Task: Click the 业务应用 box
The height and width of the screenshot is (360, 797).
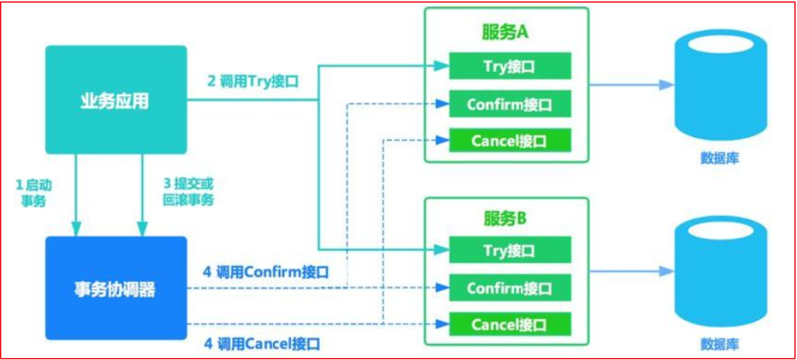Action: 116,100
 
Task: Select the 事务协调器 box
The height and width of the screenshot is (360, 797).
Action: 116,288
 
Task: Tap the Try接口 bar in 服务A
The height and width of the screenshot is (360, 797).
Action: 510,66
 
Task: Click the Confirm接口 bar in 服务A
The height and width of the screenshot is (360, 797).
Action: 510,104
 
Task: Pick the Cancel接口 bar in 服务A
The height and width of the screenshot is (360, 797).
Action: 510,140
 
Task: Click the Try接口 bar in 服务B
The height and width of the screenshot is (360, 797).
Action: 510,251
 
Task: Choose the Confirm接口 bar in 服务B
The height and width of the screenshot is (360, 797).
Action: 510,288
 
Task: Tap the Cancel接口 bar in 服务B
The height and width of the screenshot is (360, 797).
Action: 510,324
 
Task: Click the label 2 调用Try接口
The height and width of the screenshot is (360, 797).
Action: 253,81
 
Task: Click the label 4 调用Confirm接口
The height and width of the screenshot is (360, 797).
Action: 265,272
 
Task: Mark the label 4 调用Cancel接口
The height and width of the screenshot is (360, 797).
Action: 262,345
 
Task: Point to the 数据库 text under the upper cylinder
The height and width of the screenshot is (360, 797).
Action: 720,158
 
